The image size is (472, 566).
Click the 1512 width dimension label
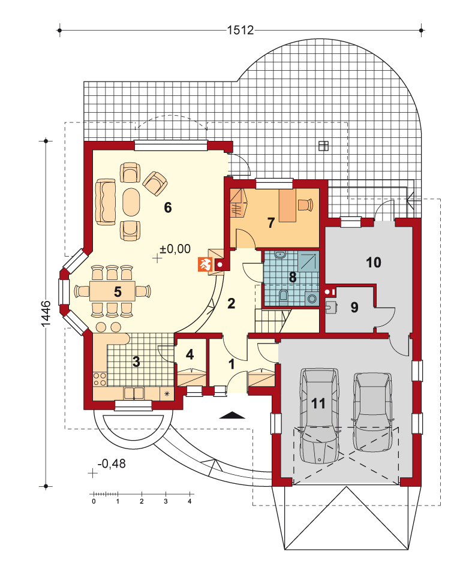coord(240,30)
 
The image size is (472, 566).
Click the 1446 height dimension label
coord(46,314)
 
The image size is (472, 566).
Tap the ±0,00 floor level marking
coord(175,249)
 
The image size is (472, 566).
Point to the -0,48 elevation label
coord(112,463)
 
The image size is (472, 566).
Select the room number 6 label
coord(167,207)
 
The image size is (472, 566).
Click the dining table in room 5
coord(112,291)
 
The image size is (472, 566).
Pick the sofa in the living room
coord(106,201)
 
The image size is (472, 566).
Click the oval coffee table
coord(131,202)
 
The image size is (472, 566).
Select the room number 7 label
coord(271,222)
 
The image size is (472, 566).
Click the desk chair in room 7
coord(305,204)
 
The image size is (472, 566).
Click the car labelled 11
coord(319,416)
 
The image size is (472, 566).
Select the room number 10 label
coord(374,263)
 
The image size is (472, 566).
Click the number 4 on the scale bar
coord(190,501)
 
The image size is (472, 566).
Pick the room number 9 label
coord(354,307)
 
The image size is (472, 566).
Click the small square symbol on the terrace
coord(324,146)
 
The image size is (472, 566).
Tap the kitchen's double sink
coord(134,393)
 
